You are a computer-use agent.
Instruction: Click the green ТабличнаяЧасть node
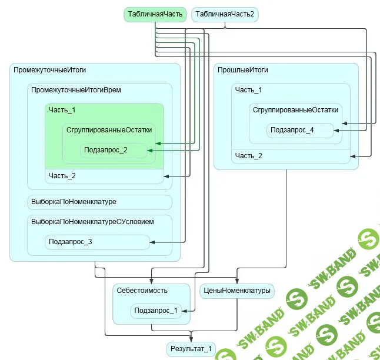(155, 14)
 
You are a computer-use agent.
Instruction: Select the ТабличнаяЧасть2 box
(225, 14)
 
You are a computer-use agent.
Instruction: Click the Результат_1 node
(191, 349)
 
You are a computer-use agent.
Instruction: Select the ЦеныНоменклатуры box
(236, 291)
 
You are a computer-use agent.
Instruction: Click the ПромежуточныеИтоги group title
(50, 70)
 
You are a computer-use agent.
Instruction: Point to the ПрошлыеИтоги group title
(243, 70)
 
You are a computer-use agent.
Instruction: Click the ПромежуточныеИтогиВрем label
(76, 90)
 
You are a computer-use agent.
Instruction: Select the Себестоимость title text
(142, 291)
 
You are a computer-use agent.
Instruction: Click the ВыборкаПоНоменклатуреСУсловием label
(92, 222)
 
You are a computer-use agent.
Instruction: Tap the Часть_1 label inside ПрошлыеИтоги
(248, 90)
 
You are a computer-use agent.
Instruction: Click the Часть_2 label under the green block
(62, 176)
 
